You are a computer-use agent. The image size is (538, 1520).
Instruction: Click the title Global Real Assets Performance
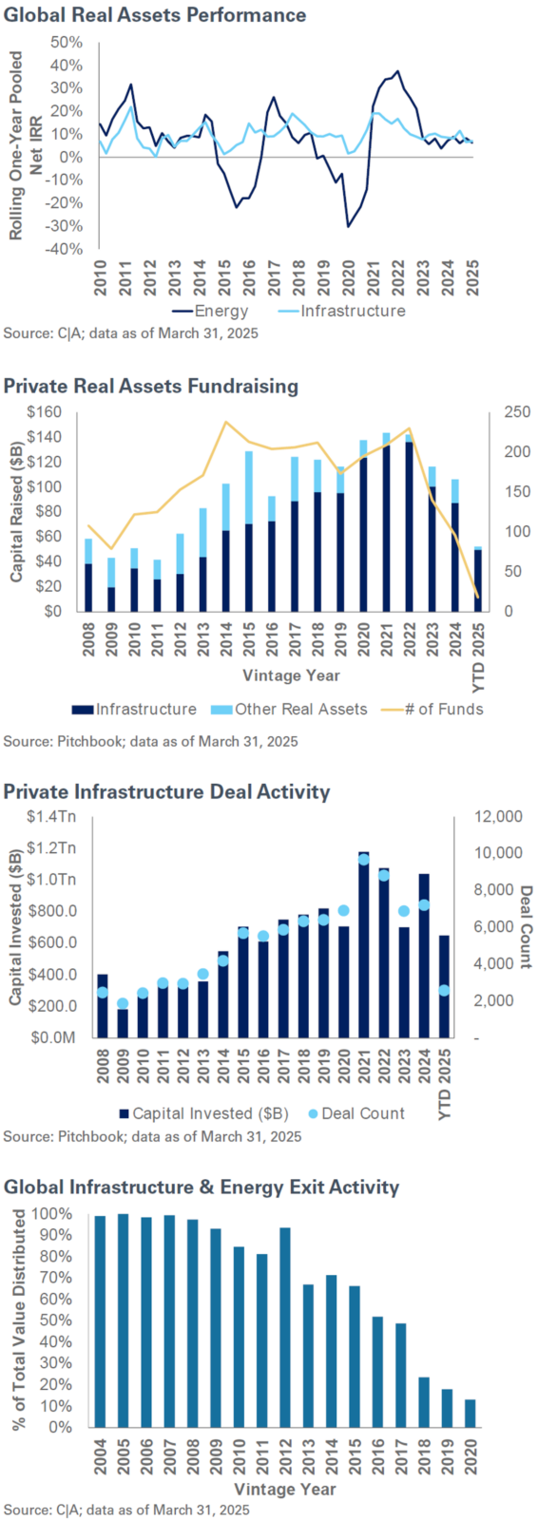point(155,15)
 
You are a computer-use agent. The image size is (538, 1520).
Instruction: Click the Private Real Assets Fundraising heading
point(151,386)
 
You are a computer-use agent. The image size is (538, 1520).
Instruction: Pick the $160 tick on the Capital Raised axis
point(45,412)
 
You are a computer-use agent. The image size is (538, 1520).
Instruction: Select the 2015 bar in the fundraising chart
point(249,532)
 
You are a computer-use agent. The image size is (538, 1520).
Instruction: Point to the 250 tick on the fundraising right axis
point(517,412)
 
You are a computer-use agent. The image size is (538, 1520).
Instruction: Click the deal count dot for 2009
point(123,1003)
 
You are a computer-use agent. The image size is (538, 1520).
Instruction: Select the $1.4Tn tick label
point(51,816)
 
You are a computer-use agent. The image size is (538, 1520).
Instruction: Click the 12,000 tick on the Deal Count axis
point(498,816)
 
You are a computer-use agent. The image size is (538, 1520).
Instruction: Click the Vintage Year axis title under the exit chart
point(284,1489)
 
